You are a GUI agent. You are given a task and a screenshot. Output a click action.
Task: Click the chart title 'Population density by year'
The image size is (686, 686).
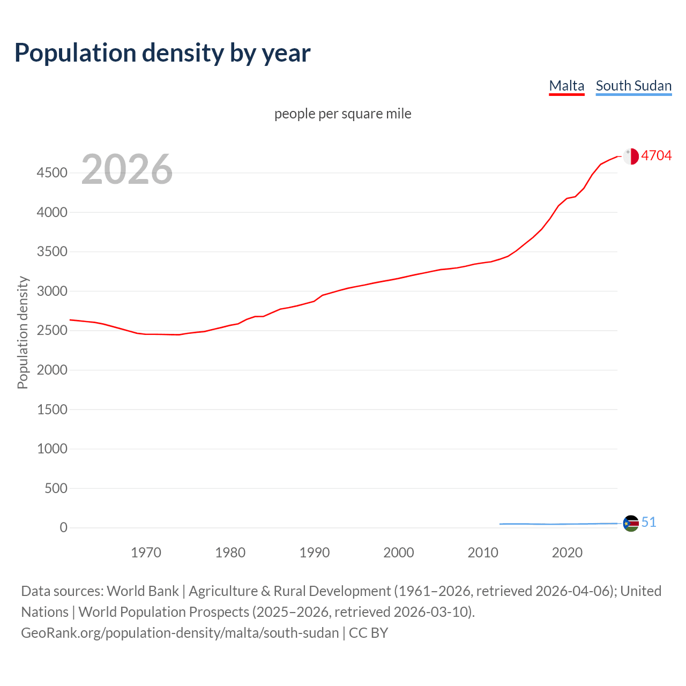[162, 53]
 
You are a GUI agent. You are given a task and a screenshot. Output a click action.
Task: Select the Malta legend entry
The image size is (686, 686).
[566, 86]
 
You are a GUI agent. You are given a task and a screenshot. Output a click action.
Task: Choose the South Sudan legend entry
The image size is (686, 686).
[633, 86]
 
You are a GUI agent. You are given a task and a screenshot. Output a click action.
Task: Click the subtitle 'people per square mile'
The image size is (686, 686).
[342, 114]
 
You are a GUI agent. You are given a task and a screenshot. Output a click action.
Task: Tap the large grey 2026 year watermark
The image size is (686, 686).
[127, 169]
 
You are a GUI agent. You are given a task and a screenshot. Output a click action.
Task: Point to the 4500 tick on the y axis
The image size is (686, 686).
[52, 173]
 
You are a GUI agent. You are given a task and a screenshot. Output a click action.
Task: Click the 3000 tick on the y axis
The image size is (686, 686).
[52, 292]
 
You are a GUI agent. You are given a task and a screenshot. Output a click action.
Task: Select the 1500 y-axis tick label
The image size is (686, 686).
[52, 409]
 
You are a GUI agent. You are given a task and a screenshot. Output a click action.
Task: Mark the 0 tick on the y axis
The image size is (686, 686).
[64, 528]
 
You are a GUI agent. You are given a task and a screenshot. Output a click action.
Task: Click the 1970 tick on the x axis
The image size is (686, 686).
[146, 553]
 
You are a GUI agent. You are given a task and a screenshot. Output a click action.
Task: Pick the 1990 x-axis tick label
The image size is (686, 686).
[315, 553]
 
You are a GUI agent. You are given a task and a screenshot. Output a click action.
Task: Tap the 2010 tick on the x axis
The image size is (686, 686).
[483, 553]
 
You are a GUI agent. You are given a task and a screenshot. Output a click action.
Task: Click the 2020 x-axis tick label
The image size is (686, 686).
[567, 553]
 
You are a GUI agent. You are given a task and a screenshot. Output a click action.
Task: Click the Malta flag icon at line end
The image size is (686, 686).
[631, 156]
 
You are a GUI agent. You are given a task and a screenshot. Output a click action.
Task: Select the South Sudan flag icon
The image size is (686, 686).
[631, 524]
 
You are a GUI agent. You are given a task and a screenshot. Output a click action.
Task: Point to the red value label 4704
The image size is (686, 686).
[657, 155]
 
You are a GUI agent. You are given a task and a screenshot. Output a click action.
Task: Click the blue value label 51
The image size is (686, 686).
[649, 522]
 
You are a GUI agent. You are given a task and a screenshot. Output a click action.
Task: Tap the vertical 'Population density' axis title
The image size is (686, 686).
[23, 332]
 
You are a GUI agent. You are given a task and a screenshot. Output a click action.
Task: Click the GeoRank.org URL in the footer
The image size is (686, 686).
[180, 633]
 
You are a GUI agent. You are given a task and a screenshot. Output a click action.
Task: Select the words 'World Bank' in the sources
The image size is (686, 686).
[143, 591]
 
